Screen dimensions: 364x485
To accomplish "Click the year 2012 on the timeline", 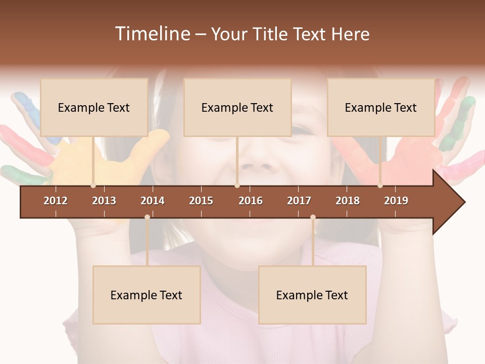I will coord(56,201).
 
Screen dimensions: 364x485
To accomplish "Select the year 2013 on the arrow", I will coord(104,201).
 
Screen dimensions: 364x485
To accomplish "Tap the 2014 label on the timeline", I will coord(153,201).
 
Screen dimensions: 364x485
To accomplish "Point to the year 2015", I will coord(201,201).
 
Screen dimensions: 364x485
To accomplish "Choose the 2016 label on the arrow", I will coord(251,201).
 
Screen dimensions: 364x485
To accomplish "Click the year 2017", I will coord(299,201).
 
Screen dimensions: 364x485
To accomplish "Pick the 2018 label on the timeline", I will coord(348,201).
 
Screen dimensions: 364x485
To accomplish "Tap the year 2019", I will coord(396,201).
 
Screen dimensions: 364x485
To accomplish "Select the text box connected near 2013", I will coord(94,107).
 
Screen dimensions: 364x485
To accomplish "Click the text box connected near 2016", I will coord(237,107).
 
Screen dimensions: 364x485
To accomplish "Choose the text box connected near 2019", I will coord(381,107).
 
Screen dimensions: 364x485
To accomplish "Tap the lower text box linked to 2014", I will coord(147,295).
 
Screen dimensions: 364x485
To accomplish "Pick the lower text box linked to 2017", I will coord(312,295).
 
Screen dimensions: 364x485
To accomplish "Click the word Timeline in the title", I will coord(152,33).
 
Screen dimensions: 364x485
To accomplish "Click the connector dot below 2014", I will coord(147,217).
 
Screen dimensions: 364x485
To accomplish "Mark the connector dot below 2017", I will coord(313,217).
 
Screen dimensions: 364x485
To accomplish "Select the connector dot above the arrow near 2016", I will coord(237,186).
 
